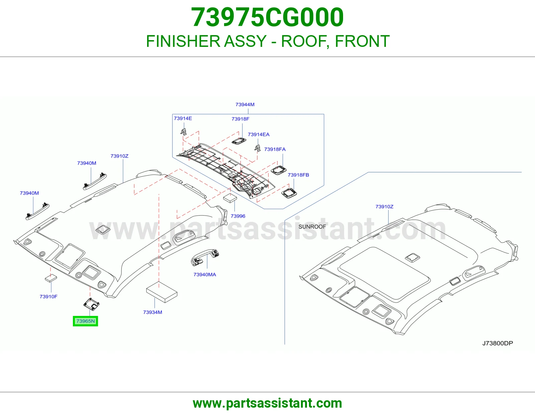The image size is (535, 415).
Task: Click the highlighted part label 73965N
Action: (85, 321)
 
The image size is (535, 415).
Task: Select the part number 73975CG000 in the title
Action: (267, 17)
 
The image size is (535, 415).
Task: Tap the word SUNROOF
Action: (312, 227)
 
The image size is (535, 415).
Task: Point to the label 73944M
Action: (245, 104)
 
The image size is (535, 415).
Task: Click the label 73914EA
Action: (258, 135)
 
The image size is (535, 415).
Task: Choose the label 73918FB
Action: (298, 175)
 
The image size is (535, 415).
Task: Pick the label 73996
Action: (238, 216)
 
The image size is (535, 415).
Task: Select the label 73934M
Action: (153, 312)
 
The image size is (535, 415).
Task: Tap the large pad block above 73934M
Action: (162, 292)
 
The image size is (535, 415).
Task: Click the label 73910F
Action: (48, 297)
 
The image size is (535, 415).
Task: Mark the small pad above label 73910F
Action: (51, 278)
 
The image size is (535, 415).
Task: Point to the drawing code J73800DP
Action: (498, 343)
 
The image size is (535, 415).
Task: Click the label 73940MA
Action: (205, 274)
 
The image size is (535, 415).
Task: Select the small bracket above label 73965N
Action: (91, 304)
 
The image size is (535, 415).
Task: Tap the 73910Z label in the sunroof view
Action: (384, 206)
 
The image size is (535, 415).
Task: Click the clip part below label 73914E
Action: (184, 132)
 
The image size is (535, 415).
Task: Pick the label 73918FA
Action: (275, 149)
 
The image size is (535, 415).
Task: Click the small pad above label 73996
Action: (230, 198)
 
